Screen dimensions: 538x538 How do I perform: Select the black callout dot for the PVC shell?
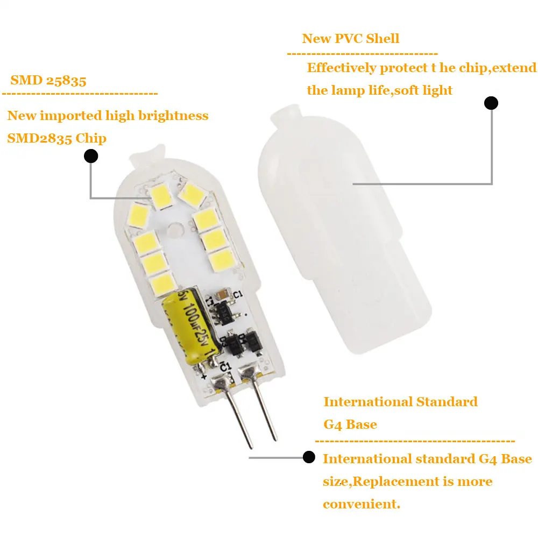[x=491, y=103]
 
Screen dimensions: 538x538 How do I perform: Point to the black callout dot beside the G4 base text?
[x=309, y=457]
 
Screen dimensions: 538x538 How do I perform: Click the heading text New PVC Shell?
[x=351, y=39]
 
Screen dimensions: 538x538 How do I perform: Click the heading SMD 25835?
[x=48, y=81]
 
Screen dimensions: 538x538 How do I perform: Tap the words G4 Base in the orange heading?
[x=350, y=424]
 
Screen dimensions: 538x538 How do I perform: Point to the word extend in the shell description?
[x=516, y=68]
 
